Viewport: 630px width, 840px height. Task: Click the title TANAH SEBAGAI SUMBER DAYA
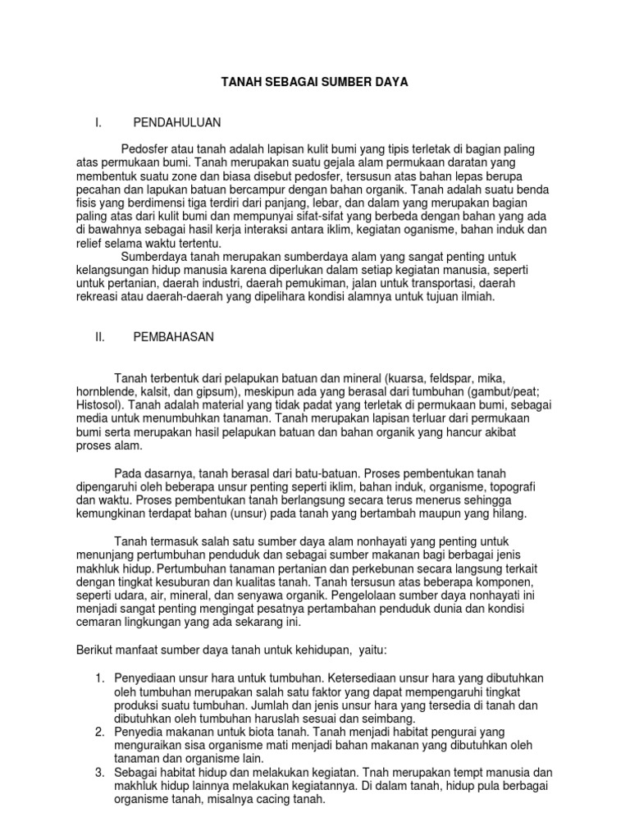point(316,83)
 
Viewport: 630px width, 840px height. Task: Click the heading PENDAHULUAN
point(177,122)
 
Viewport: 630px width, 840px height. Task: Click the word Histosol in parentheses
point(96,405)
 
